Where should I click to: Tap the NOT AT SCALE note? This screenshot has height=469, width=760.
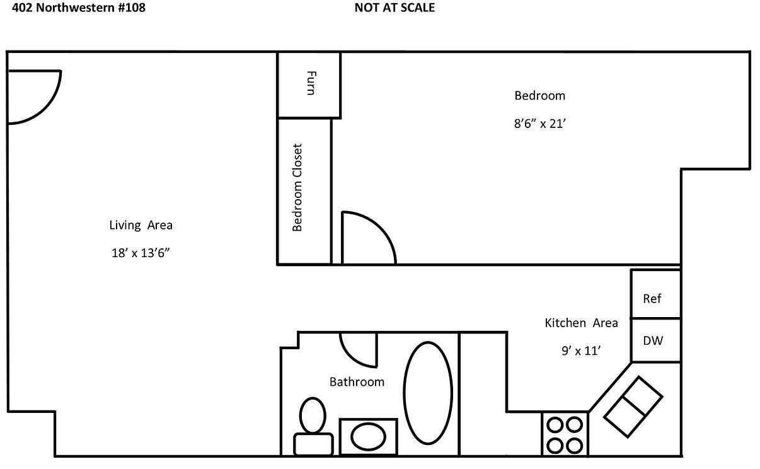click(x=394, y=8)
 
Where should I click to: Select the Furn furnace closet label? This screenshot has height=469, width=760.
click(x=309, y=83)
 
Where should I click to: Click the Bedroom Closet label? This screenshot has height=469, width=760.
click(x=297, y=187)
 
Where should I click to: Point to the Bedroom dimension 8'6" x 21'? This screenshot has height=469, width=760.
click(x=541, y=124)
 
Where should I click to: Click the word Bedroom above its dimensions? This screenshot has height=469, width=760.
click(x=540, y=96)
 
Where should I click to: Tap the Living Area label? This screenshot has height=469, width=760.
click(x=141, y=225)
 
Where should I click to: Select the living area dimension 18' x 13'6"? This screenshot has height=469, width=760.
click(x=141, y=253)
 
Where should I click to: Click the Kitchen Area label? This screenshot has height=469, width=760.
click(x=581, y=323)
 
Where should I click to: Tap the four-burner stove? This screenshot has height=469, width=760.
click(x=564, y=434)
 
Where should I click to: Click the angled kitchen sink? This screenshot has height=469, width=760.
click(x=633, y=407)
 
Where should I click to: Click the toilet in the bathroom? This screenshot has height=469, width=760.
click(x=313, y=424)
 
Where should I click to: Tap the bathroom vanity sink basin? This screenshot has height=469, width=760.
click(x=368, y=436)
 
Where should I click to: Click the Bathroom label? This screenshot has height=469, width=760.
click(x=357, y=382)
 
